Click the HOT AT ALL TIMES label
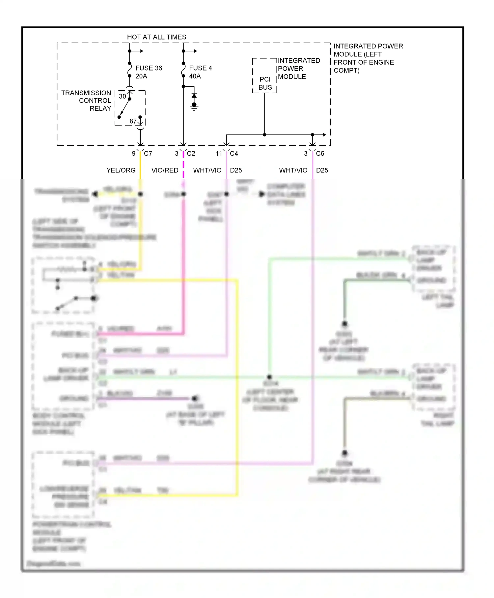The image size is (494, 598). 156,37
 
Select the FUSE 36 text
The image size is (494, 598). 149,68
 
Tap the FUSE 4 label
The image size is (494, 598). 200,68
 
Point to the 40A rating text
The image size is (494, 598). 195,76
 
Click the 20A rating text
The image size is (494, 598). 141,76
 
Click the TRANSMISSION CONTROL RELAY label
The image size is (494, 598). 87,101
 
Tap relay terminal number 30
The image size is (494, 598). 122,96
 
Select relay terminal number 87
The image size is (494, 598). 133,121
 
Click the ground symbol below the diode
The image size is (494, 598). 194,106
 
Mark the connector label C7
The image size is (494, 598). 148,153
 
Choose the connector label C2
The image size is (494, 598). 191,153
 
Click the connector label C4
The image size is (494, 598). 234,153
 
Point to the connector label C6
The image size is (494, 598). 320,153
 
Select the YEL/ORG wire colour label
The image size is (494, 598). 121,170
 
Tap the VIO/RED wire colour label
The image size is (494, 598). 165,170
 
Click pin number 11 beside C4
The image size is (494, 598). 219,153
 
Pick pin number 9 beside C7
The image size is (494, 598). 133,153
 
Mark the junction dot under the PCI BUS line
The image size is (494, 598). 264,135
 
